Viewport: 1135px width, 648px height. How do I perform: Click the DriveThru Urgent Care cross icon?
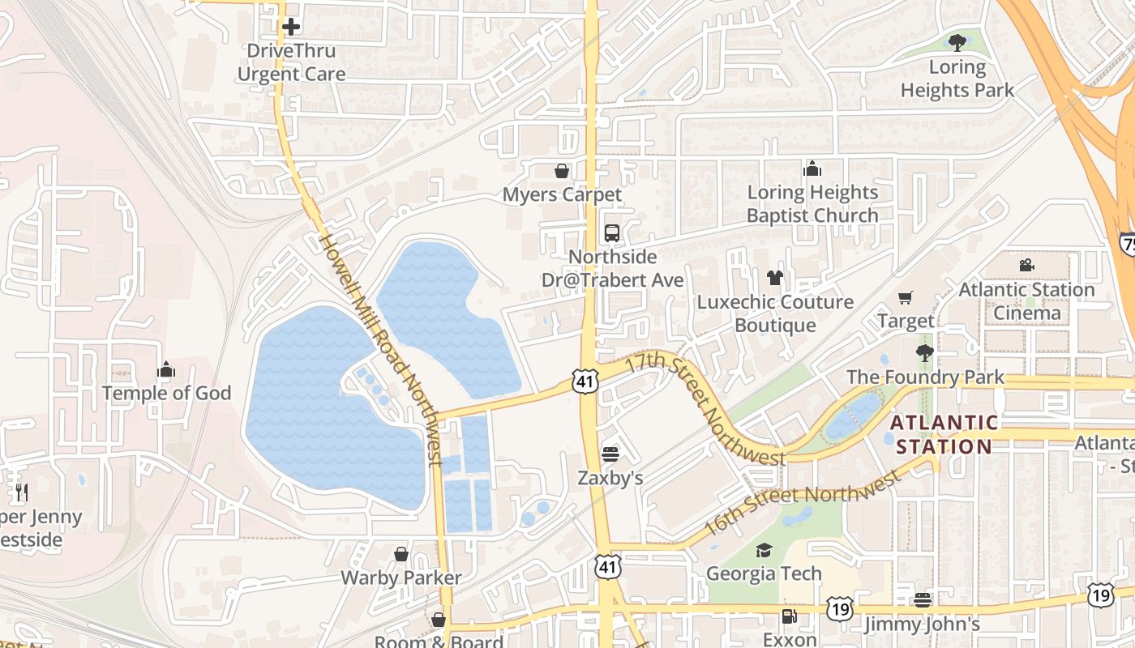291,27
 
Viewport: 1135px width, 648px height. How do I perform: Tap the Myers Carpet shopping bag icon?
561,171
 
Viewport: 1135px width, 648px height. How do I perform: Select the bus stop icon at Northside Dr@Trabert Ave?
612,233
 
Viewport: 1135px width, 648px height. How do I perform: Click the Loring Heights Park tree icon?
957,43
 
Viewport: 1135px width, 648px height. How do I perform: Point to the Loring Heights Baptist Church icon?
812,168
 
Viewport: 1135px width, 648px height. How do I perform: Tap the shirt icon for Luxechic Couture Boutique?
775,278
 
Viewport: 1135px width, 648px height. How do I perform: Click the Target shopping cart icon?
906,297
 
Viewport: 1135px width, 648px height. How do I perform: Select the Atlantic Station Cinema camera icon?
1026,265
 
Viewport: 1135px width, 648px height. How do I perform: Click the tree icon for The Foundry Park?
924,353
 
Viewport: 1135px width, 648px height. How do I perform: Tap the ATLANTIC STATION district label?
944,434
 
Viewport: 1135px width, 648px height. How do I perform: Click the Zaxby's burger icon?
610,454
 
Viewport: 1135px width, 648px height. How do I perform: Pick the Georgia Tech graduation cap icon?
764,550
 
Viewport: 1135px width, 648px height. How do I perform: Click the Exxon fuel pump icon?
789,616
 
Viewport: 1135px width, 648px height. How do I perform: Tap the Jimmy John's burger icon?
922,600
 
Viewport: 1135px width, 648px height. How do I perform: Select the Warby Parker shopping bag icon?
400,554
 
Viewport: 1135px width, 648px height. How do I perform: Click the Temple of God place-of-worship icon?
166,370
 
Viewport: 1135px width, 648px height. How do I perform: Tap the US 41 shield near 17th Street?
585,382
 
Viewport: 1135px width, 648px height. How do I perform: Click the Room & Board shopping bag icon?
439,620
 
